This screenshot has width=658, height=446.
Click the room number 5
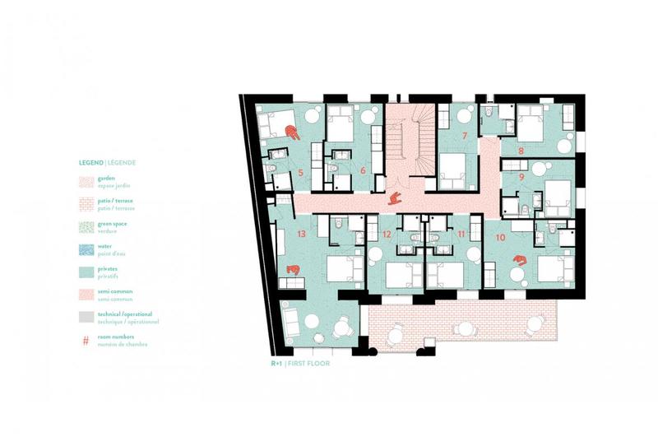click(x=301, y=173)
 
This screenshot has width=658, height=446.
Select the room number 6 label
click(x=364, y=170)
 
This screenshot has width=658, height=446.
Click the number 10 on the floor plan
click(x=502, y=237)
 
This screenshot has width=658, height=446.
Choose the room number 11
click(x=461, y=234)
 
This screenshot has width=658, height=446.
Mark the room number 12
click(x=387, y=235)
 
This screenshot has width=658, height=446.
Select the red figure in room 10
click(x=519, y=261)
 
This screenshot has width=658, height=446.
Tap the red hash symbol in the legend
click(x=86, y=338)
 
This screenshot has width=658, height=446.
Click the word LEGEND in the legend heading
click(x=91, y=163)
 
